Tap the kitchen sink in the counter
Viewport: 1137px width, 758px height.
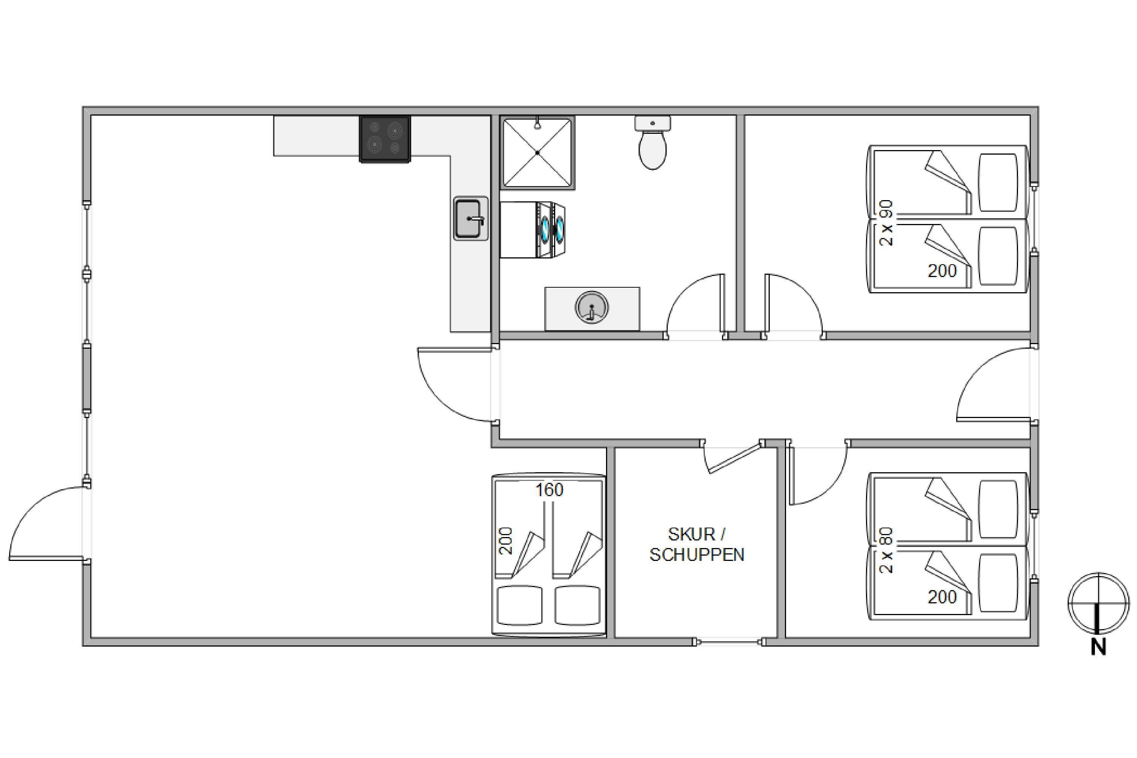pos(470,219)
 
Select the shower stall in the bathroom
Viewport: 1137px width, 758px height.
pos(537,152)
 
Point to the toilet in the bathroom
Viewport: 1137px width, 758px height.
pos(653,143)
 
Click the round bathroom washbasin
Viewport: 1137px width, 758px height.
pos(592,307)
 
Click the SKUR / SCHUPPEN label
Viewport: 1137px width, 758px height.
pos(697,544)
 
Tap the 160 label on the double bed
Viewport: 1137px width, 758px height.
pos(549,490)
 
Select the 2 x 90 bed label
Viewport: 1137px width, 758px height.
pos(886,223)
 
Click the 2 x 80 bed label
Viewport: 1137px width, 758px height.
pos(886,550)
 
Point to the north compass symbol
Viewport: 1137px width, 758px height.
pos(1099,603)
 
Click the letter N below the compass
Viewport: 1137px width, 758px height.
pos(1099,647)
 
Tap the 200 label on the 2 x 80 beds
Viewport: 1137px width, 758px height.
pos(942,598)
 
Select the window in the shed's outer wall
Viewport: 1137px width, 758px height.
pos(730,642)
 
